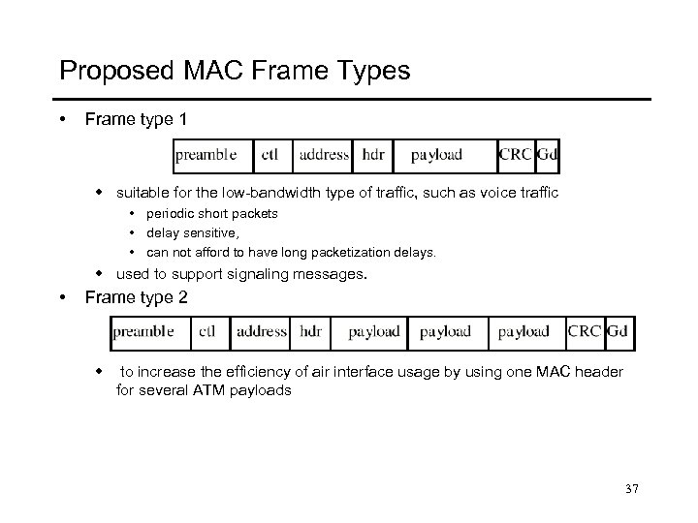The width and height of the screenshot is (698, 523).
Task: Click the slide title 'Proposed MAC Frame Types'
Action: tap(235, 71)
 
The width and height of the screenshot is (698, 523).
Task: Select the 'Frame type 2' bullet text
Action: tap(137, 296)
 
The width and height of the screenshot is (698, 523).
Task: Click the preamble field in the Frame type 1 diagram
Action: tap(206, 155)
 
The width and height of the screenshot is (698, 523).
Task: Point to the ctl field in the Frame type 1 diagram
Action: tap(271, 155)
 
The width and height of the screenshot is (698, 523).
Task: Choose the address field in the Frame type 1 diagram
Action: tap(325, 155)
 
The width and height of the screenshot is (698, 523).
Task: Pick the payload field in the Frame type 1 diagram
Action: tap(436, 155)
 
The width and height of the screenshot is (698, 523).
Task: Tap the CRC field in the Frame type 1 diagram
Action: tap(515, 155)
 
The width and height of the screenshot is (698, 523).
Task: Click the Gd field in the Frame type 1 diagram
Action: tap(547, 155)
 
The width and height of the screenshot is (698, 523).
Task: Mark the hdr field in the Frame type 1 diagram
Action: tap(372, 155)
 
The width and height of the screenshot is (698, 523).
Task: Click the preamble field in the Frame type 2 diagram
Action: tap(143, 331)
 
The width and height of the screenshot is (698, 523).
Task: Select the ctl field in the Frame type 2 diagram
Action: tap(206, 331)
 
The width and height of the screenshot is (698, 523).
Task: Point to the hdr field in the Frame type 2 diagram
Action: tap(311, 331)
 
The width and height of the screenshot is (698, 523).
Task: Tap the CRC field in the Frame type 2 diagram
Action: tap(585, 331)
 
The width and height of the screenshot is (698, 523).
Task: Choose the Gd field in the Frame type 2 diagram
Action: tap(618, 331)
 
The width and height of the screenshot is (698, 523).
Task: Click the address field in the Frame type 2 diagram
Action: tap(262, 331)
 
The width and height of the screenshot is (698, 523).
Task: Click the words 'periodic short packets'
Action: tap(211, 213)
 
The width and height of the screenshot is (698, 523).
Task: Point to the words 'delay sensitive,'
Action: tap(193, 232)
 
